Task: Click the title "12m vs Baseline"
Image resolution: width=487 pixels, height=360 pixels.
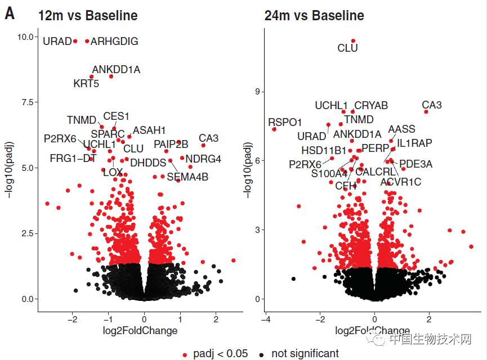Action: (88, 15)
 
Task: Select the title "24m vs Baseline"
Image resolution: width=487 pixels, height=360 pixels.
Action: (314, 15)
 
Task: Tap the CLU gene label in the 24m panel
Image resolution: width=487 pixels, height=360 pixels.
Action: (347, 49)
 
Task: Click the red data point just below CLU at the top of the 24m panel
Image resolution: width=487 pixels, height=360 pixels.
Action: (353, 40)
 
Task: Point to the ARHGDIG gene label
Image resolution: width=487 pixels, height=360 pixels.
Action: (114, 42)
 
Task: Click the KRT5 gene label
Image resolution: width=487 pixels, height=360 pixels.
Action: (86, 84)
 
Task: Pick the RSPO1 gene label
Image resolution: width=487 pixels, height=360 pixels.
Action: (285, 122)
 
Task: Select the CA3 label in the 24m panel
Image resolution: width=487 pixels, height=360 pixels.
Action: (432, 105)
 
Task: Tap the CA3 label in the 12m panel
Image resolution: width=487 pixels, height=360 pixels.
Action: (208, 138)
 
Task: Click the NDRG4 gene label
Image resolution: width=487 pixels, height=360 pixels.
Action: (203, 159)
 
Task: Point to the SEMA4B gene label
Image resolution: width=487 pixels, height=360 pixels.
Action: (187, 178)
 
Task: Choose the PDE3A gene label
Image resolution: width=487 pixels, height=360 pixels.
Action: (416, 164)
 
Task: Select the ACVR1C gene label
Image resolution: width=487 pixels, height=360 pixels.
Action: (400, 182)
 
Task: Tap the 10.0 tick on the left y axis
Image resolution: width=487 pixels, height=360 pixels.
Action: (25, 37)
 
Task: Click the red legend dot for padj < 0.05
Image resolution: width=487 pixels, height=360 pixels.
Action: (185, 354)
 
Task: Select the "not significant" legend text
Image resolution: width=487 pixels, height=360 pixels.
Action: (305, 354)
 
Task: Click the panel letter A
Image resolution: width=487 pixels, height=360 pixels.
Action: (10, 13)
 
